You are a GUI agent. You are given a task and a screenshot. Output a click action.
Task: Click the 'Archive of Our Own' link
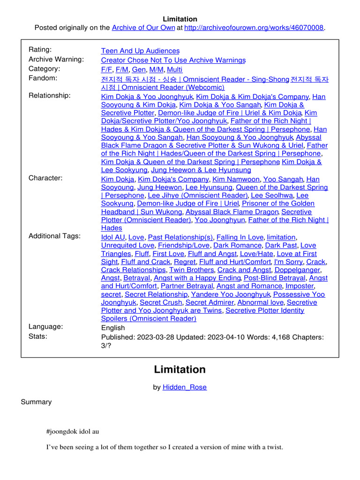point(143,28)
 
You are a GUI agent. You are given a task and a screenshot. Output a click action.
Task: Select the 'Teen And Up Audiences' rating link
point(140,51)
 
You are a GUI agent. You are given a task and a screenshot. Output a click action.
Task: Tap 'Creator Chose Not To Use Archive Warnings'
point(173,60)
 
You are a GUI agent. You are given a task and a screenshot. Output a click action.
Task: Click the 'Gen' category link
point(139,69)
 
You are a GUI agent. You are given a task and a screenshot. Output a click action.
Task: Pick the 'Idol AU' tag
point(112,237)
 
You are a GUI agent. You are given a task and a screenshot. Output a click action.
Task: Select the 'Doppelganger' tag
point(297,270)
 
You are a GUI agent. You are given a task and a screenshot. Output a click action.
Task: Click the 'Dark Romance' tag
point(237,246)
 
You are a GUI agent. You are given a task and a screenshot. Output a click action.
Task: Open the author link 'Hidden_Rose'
point(184,387)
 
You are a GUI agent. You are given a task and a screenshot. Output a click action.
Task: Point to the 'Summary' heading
point(36,402)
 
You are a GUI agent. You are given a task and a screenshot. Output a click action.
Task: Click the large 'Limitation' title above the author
point(180,369)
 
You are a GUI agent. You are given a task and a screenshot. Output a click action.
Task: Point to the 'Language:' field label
point(45,327)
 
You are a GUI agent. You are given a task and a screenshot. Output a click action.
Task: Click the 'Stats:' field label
point(38,336)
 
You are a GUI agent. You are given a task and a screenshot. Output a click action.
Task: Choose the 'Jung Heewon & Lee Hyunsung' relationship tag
point(201,170)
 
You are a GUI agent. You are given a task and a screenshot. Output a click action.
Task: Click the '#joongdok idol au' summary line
point(73,431)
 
